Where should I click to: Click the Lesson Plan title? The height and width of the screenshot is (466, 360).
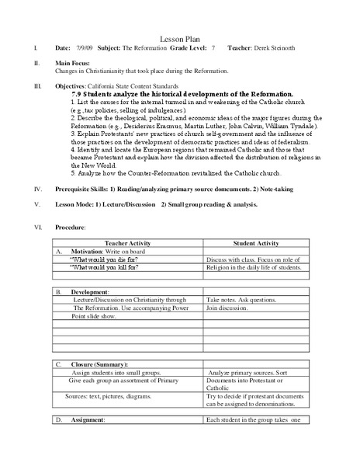pos(181,37)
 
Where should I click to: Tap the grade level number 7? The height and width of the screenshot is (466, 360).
pos(213,47)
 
